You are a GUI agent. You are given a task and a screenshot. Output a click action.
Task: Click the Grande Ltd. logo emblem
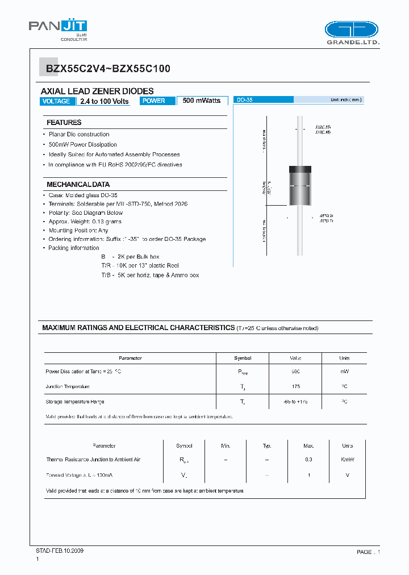352,30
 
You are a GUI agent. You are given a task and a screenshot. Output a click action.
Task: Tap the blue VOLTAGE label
57,101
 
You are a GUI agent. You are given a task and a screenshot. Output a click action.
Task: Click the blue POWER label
155,101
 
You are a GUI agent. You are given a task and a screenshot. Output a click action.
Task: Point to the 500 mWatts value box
202,101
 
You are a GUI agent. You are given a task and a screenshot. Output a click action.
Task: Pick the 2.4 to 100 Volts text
105,101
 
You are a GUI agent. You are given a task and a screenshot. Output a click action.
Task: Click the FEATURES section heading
64,122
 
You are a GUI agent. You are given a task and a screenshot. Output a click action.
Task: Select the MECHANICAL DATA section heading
78,185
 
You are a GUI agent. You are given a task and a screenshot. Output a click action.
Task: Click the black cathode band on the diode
300,169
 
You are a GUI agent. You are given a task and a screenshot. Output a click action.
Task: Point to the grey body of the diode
300,193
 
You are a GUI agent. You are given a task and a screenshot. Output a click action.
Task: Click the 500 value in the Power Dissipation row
295,371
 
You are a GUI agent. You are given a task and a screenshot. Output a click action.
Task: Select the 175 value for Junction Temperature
295,386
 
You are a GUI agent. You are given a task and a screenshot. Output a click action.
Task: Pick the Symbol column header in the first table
243,358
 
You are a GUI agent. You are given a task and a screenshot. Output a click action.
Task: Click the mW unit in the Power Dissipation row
344,371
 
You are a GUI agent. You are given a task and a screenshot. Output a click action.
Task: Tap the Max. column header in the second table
308,446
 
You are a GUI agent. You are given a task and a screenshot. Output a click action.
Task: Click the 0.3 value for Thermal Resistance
308,460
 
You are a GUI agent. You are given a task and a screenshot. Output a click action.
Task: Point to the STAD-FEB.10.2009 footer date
60,551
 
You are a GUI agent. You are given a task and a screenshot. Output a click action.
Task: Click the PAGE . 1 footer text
368,552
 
